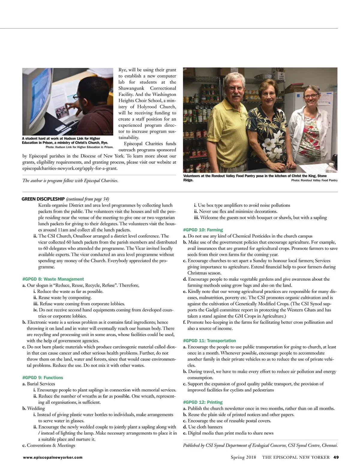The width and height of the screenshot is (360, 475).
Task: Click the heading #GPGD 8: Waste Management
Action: [x=53, y=279]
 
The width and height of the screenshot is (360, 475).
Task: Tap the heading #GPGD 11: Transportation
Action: [x=209, y=340]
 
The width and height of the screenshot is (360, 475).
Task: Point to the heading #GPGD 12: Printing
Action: [x=203, y=402]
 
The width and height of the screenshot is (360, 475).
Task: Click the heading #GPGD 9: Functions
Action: [x=43, y=377]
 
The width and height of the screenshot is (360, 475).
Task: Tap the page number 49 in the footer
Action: [x=336, y=457]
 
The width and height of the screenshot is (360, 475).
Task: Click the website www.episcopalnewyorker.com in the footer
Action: [x=53, y=457]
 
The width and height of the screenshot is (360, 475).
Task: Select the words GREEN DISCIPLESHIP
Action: [x=43, y=199]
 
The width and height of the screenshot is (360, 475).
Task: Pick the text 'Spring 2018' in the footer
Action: [x=243, y=457]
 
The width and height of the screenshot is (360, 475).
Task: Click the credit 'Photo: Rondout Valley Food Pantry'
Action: [x=314, y=180]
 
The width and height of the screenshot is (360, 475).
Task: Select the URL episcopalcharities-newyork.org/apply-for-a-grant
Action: [x=70, y=168]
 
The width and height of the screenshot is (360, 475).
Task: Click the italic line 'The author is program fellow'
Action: [x=70, y=180]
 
